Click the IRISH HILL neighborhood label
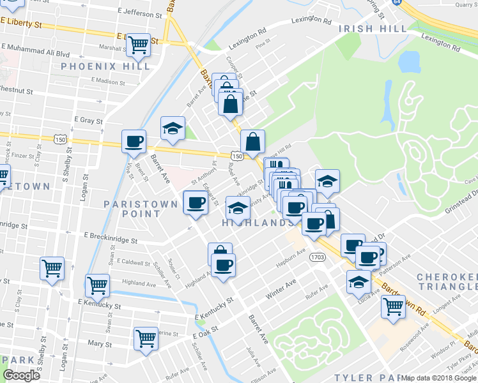[373, 29]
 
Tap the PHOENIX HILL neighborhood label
[105, 66]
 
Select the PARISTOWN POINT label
[132, 209]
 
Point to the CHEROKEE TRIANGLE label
[447, 282]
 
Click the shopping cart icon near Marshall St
[138, 44]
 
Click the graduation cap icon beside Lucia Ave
[358, 281]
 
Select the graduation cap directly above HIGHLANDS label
[238, 207]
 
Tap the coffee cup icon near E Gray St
[134, 140]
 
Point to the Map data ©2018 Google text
[439, 378]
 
